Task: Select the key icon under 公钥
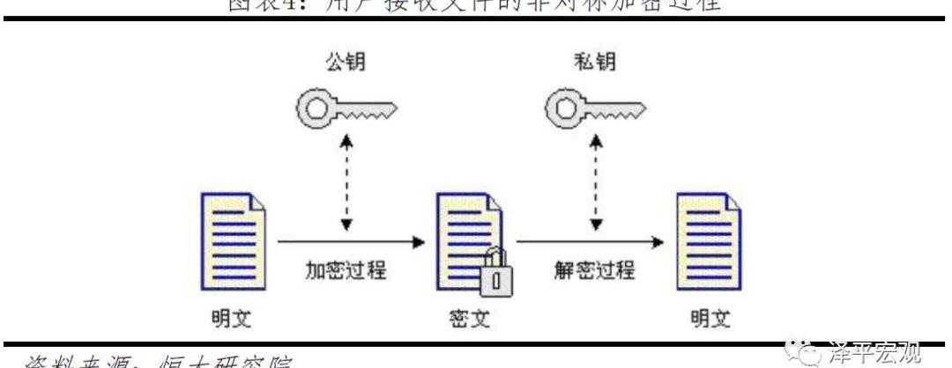coord(345,108)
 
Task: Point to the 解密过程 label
coord(595,269)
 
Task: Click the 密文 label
coord(467,318)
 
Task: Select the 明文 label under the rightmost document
coord(708,318)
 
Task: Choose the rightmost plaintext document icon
coord(707,239)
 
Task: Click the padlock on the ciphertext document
coord(495,275)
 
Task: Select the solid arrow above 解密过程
coord(589,239)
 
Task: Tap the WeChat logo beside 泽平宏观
coord(805,354)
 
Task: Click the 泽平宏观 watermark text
coord(873,353)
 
